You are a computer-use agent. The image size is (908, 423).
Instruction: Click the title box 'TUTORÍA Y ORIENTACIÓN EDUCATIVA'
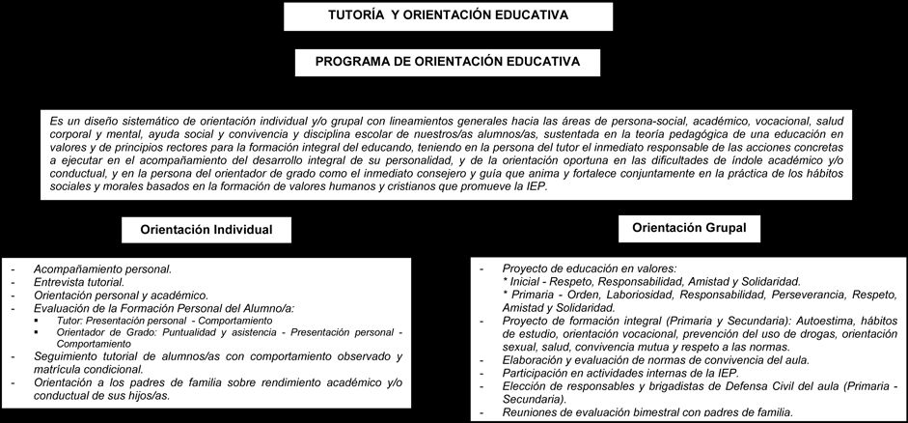point(448,15)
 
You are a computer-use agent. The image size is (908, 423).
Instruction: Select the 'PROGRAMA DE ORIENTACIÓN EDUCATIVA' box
point(448,61)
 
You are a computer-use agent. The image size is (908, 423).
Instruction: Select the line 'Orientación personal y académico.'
point(121,295)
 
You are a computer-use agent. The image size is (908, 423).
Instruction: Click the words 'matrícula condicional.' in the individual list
point(87,369)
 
